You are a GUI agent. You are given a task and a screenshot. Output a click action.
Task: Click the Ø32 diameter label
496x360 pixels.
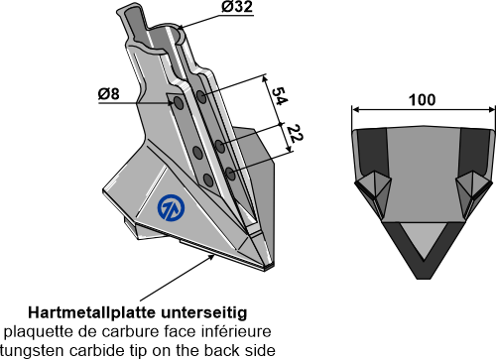[237, 7]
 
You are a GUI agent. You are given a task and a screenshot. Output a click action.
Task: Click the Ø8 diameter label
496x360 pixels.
[108, 94]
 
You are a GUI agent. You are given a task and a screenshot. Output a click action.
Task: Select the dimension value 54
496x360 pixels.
[279, 96]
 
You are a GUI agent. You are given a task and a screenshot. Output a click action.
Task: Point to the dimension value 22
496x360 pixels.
[295, 134]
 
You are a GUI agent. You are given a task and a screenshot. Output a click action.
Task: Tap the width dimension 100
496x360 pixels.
[423, 100]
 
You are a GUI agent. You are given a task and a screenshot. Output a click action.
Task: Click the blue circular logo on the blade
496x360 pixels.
[171, 207]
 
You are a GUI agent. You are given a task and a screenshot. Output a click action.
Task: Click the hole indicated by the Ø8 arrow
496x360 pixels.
[179, 103]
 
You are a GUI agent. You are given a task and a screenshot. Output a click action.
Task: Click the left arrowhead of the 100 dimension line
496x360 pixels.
[355, 110]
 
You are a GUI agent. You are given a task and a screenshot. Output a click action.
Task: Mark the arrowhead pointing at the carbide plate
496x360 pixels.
[210, 258]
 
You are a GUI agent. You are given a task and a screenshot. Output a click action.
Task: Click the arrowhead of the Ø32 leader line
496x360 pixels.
[182, 28]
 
